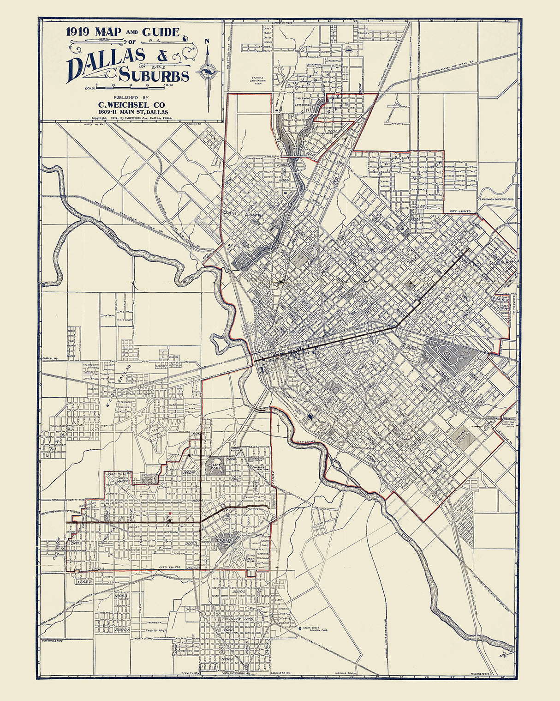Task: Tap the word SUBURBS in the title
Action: pyautogui.click(x=154, y=75)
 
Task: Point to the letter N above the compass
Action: pyautogui.click(x=208, y=41)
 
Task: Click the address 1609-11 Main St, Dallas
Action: pyautogui.click(x=132, y=112)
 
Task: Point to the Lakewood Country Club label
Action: pyautogui.click(x=496, y=199)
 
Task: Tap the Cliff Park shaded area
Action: pyautogui.click(x=214, y=465)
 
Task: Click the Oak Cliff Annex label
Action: pyautogui.click(x=120, y=476)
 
